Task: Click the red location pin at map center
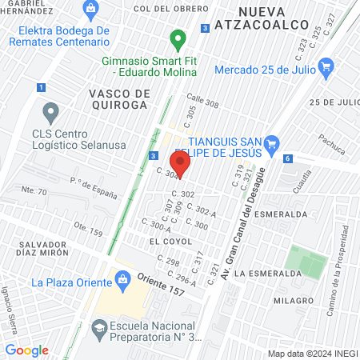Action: [x=181, y=166]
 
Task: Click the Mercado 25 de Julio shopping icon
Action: [x=324, y=71]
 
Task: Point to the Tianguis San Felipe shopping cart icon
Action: [x=272, y=144]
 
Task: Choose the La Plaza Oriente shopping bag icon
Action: [x=122, y=278]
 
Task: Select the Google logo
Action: [x=27, y=350]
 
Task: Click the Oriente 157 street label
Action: [x=160, y=285]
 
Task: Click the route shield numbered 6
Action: [x=287, y=158]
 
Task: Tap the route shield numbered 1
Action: [x=40, y=87]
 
